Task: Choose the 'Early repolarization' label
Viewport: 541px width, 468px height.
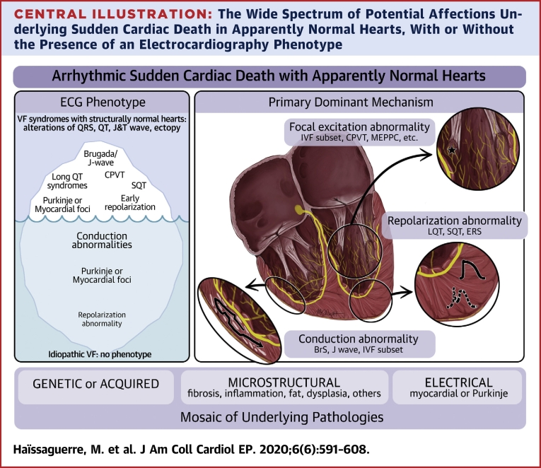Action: [130, 202]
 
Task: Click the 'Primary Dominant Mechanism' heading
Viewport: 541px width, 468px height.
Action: [359, 102]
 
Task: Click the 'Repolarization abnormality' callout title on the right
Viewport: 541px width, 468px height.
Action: [455, 221]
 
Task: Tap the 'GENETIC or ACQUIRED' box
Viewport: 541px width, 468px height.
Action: [95, 385]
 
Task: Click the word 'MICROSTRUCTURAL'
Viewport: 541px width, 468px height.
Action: [284, 382]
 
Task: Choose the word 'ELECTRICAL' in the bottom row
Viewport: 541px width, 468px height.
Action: [458, 382]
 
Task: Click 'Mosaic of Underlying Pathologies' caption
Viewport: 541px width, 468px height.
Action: [270, 417]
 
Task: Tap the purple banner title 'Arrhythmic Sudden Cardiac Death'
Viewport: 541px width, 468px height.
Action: [270, 76]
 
